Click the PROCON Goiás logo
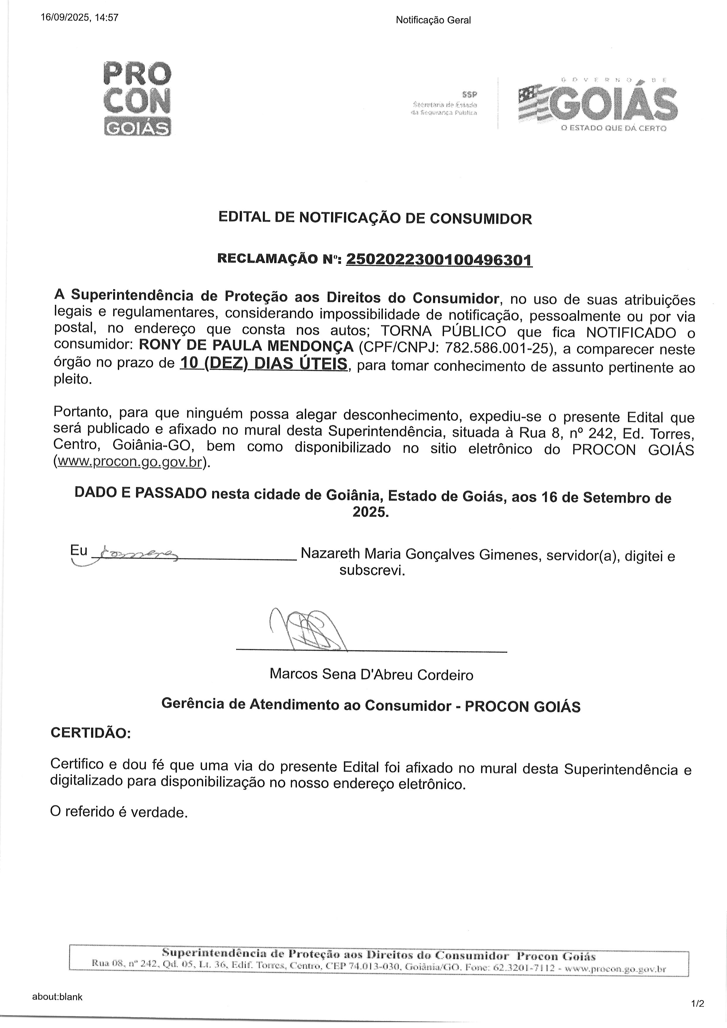coord(137,99)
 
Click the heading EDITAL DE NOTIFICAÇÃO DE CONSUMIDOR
coord(375,218)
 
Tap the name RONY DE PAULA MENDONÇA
coord(246,346)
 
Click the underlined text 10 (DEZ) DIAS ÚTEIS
coord(263,364)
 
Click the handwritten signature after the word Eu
coord(134,554)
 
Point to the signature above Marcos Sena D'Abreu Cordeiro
coord(309,629)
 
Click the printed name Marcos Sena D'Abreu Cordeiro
coord(371,674)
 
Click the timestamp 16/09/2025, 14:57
coord(80,18)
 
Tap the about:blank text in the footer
coord(57,997)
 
